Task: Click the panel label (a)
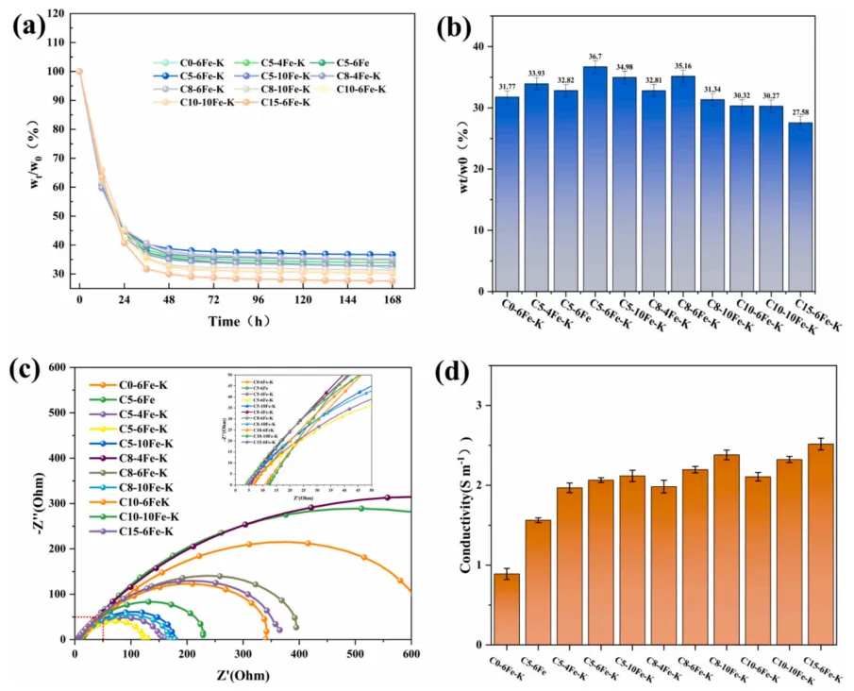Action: [28, 25]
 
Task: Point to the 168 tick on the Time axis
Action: [393, 300]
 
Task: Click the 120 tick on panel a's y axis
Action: [59, 13]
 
